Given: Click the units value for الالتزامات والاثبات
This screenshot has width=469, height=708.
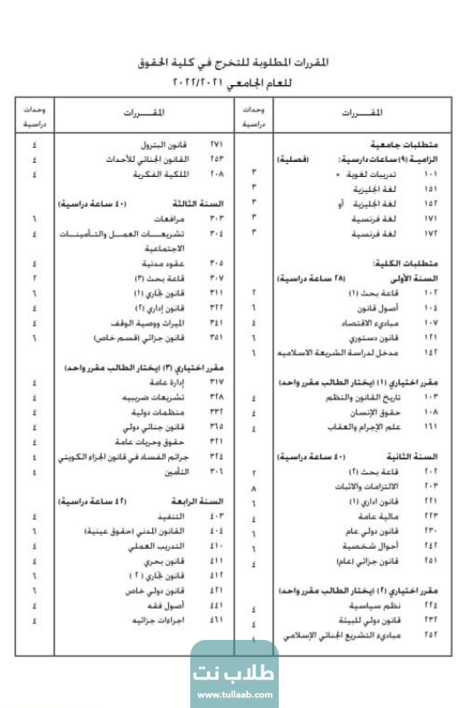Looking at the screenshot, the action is (x=255, y=488).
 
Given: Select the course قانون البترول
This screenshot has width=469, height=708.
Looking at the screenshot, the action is (x=168, y=144).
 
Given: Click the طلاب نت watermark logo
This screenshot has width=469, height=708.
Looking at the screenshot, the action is (x=234, y=669).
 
